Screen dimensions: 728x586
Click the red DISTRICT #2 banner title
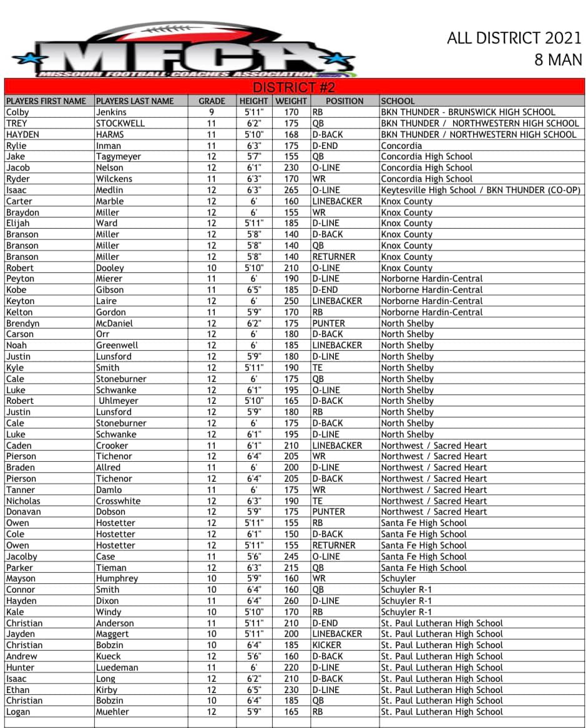(294, 87)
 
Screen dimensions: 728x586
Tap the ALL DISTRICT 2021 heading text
(514, 39)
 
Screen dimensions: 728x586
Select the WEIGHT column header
(291, 101)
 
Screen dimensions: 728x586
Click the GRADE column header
(212, 101)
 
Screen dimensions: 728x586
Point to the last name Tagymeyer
(119, 156)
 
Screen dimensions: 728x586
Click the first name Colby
(17, 112)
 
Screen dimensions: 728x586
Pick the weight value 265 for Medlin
(291, 190)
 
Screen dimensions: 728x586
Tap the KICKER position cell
(327, 645)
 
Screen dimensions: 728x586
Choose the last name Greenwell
(117, 345)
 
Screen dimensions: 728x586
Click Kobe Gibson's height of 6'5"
(254, 290)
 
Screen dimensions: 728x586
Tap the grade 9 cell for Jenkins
(212, 112)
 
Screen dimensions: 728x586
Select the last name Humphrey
(117, 578)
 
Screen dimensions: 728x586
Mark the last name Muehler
(113, 712)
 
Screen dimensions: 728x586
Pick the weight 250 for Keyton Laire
(291, 301)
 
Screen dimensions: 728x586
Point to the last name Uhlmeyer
(119, 401)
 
